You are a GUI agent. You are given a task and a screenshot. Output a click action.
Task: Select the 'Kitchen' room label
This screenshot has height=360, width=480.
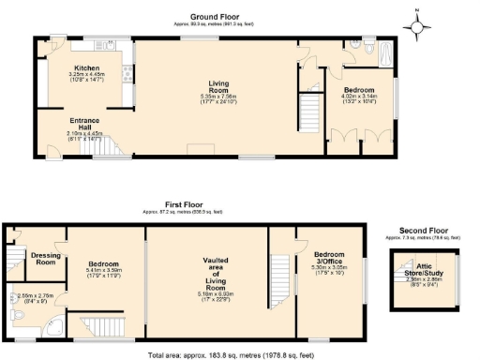coord(87,68)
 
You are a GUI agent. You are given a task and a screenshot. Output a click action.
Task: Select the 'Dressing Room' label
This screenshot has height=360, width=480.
coord(46,257)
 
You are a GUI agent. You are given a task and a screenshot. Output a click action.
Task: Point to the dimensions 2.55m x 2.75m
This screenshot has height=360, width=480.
coord(38,297)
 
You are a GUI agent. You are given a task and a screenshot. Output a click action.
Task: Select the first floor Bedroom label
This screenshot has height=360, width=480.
coord(104,263)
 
